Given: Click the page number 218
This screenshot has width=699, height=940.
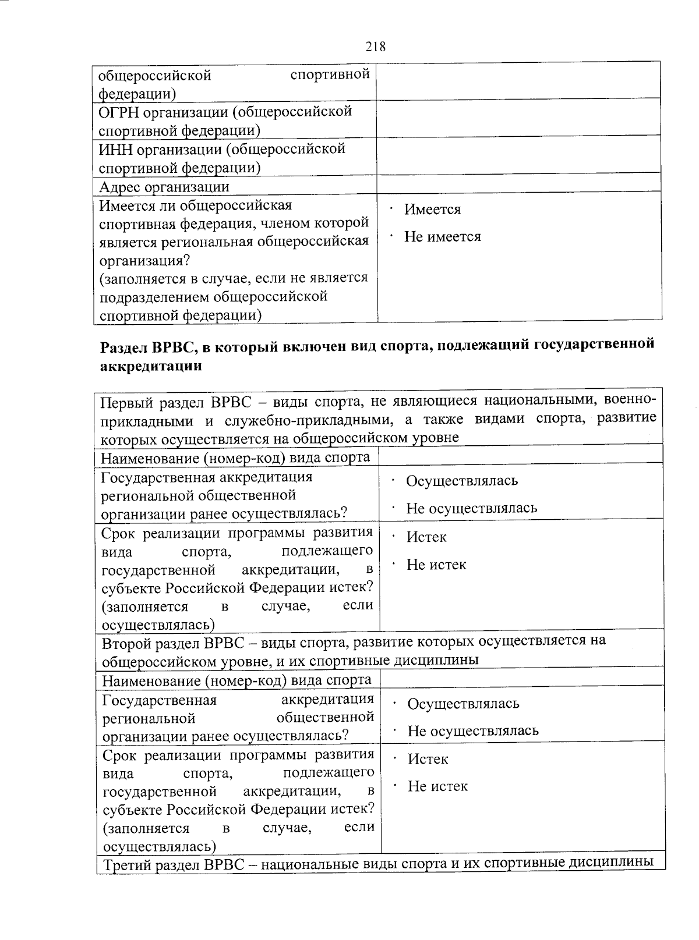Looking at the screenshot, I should pyautogui.click(x=376, y=47).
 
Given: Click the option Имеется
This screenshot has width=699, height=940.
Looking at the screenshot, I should pyautogui.click(x=432, y=210).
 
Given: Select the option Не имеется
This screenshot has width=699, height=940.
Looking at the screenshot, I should pyautogui.click(x=442, y=237).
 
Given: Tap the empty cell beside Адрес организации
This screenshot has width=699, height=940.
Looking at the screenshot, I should pyautogui.click(x=518, y=186).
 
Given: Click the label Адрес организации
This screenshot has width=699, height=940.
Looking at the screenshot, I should pyautogui.click(x=164, y=187).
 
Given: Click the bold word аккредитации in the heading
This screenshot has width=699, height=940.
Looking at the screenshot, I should pyautogui.click(x=151, y=366).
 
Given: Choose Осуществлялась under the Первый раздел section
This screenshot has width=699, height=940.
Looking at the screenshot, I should pyautogui.click(x=461, y=481).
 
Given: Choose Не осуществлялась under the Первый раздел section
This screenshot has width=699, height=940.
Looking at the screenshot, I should pyautogui.click(x=471, y=508).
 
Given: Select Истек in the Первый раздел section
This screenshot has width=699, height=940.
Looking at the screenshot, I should pyautogui.click(x=426, y=537).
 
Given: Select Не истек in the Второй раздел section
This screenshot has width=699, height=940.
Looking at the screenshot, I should pyautogui.click(x=437, y=786).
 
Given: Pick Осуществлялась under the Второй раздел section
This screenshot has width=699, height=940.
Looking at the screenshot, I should pyautogui.click(x=463, y=704).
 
